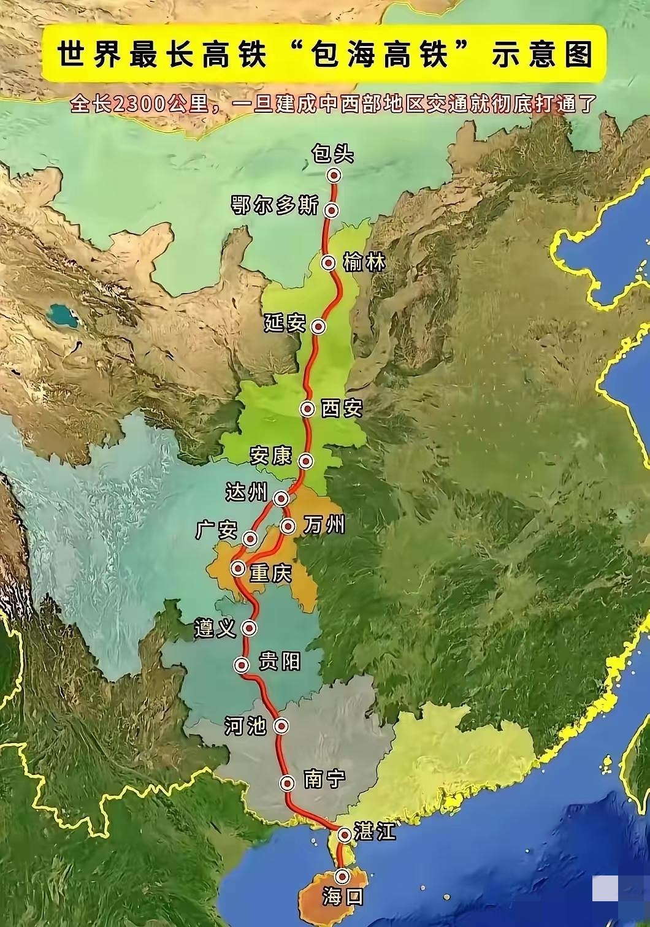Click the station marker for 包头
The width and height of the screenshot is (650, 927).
334,176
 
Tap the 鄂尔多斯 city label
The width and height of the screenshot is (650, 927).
274,207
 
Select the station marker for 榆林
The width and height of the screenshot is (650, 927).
329,264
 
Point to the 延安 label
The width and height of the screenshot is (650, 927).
285,323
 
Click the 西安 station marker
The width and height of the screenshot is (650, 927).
307,408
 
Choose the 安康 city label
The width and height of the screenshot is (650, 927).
270,456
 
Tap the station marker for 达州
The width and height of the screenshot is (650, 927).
281,498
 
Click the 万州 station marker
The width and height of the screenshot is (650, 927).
288,526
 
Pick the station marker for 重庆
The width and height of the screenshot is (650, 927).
238,568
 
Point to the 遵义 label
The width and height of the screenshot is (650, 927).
215,628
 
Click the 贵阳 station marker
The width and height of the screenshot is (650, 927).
243,665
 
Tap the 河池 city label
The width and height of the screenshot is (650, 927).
245,726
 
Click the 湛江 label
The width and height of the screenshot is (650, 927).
375,833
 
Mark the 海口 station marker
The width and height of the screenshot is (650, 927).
342,876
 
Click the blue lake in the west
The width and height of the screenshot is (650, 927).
64,316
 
